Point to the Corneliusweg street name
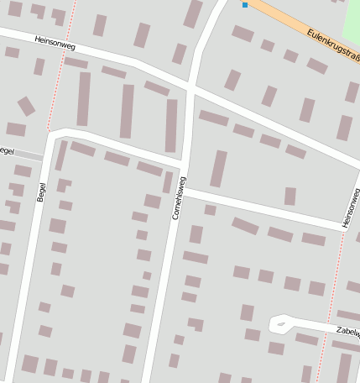pyautogui.click(x=179, y=199)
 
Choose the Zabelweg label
pyautogui.click(x=347, y=333)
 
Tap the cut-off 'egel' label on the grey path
pyautogui.click(x=8, y=150)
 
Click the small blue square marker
pyautogui.click(x=245, y=5)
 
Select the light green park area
pyautogui.click(x=353, y=20)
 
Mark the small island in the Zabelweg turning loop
pyautogui.click(x=280, y=323)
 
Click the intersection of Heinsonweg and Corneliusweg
pyautogui.click(x=192, y=87)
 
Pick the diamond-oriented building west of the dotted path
pyautogui.click(x=26, y=106)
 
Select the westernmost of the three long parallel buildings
pyautogui.click(x=83, y=99)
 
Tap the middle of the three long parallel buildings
pyautogui.click(x=127, y=111)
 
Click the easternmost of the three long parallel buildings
pyautogui.click(x=171, y=124)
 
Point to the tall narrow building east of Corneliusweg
pyautogui.click(x=218, y=168)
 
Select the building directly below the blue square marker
pyautogui.click(x=243, y=34)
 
